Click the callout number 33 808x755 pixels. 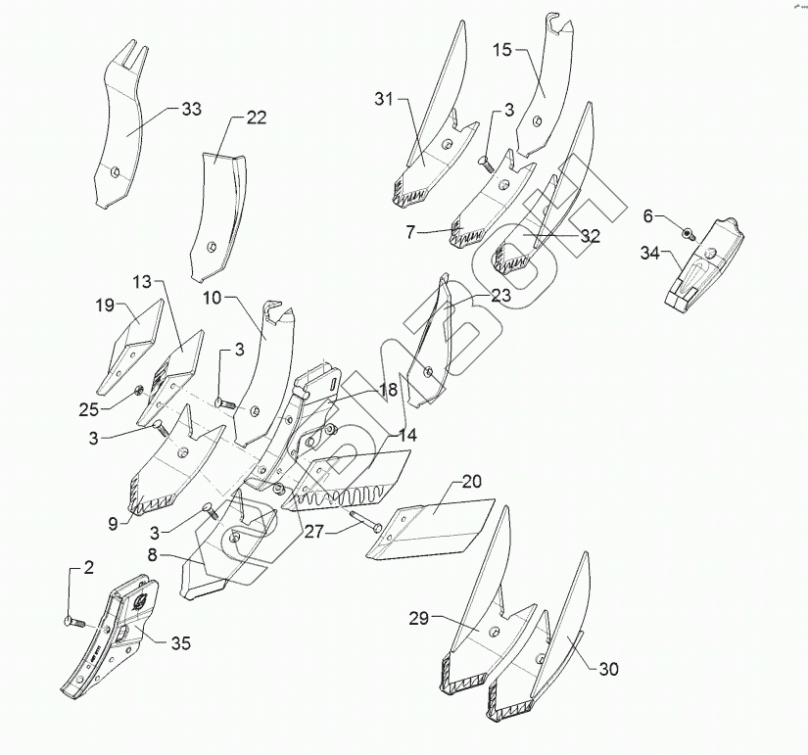tap(191, 109)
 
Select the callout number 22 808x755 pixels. tap(256, 118)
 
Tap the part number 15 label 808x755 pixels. tap(501, 49)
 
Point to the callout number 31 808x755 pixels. tap(383, 98)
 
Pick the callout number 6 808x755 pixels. tap(647, 214)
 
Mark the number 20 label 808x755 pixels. tap(472, 481)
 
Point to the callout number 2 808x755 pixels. tap(88, 568)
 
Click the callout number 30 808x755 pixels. tap(608, 670)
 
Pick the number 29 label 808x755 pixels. tap(419, 620)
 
